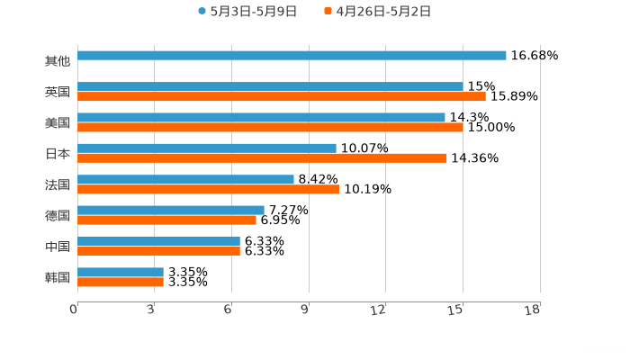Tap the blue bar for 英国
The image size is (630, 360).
pos(270,86)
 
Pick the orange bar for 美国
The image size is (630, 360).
pos(270,127)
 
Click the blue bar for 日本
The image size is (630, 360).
pos(207,148)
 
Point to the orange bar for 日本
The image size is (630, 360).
pos(262,157)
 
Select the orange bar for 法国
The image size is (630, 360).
pos(208,189)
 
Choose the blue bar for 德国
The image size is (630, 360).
pos(171,210)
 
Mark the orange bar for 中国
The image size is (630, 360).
pos(158,251)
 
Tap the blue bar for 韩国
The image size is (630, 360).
pos(121,272)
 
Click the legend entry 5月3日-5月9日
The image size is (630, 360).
pos(247,12)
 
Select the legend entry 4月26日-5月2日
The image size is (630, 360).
pos(377,12)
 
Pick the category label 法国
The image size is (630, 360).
pos(57,184)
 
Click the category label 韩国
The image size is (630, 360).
pos(57,277)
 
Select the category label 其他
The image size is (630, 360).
pos(57,61)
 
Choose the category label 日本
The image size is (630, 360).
pos(57,153)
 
